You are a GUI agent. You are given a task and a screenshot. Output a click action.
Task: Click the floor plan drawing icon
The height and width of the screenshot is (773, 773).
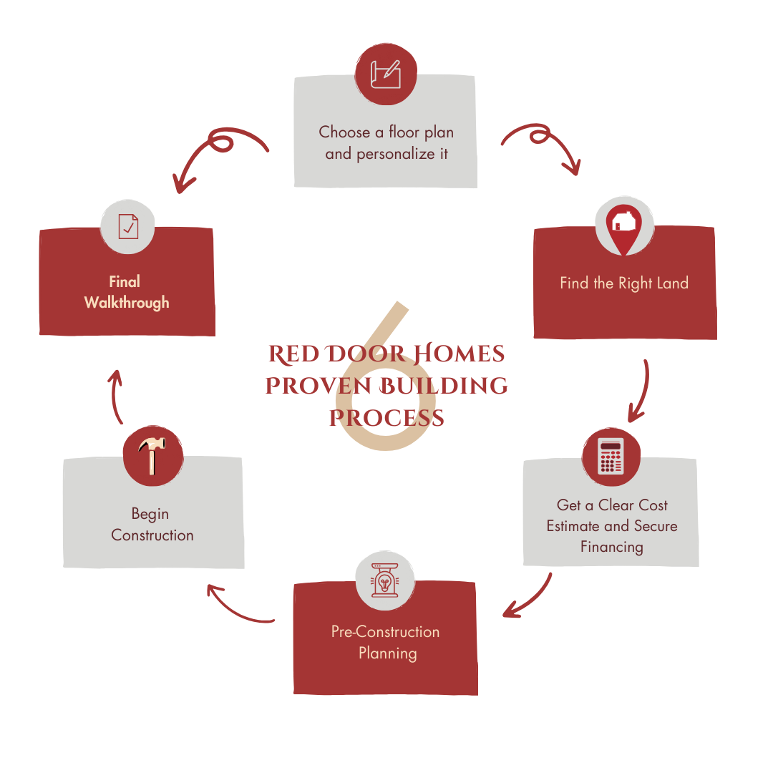pyautogui.click(x=386, y=74)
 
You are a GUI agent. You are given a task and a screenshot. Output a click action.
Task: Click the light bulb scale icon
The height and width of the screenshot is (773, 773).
pyautogui.click(x=386, y=580)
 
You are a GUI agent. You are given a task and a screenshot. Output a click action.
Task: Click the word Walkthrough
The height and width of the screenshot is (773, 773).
pyautogui.click(x=127, y=303)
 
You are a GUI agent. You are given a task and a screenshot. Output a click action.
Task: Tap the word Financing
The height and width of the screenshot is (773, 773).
pyautogui.click(x=611, y=547)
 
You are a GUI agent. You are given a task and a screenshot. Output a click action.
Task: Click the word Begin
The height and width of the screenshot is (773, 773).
pyautogui.click(x=150, y=514)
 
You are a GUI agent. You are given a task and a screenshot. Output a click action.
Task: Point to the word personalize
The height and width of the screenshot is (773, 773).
pyautogui.click(x=386, y=154)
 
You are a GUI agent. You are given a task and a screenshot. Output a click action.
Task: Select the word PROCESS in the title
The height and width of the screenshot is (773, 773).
pyautogui.click(x=386, y=418)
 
